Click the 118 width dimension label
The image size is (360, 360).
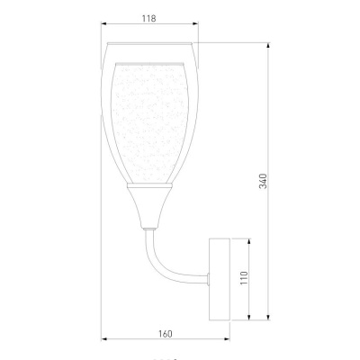point(149,19)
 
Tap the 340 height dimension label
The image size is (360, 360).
point(263,181)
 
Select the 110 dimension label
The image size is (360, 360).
point(244,278)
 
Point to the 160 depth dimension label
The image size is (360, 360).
point(165,334)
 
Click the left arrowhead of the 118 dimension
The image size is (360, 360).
point(104,23)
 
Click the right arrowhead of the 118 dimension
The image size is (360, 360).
point(195,23)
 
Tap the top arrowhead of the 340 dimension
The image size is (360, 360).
point(268,46)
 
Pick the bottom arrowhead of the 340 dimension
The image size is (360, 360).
point(268,317)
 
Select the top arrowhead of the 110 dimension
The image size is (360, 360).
point(248,242)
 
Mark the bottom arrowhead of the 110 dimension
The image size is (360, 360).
point(248,317)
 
